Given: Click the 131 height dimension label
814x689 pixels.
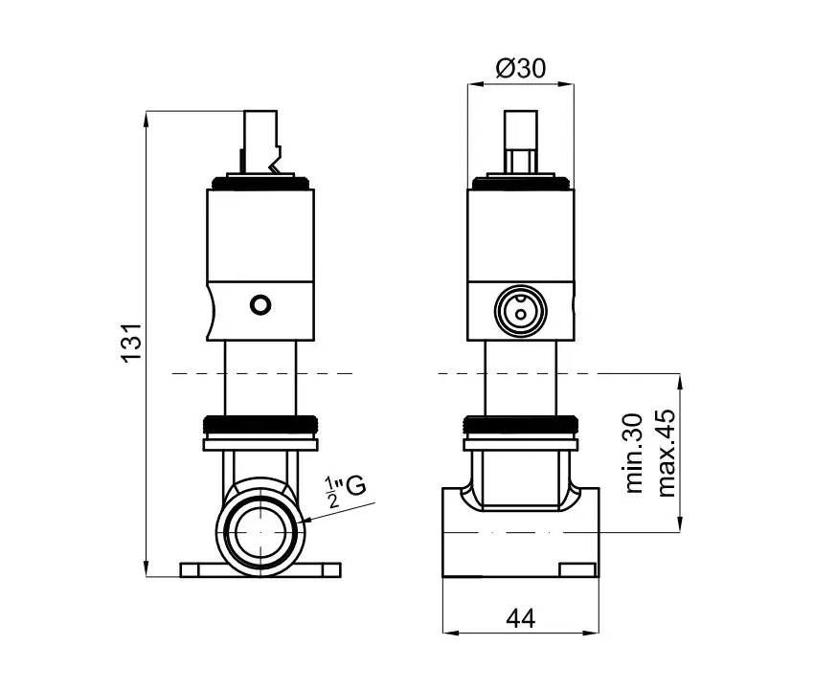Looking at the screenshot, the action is click(131, 343).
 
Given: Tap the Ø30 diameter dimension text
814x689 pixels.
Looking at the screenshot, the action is click(521, 69).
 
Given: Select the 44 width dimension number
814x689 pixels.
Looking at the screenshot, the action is click(520, 618).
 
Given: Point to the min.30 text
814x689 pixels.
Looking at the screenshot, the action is click(634, 453).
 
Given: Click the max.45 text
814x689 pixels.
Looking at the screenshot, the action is click(667, 453).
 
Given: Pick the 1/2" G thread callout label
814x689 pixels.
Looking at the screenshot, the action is click(345, 491).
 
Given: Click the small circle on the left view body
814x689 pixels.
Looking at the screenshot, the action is click(260, 304).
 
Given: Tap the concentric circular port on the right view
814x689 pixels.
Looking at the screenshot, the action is click(520, 310).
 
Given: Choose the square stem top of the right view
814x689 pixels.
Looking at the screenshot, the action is click(520, 141).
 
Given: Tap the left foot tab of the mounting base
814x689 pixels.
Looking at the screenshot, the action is click(190, 570).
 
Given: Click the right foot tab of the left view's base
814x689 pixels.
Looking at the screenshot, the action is click(331, 570).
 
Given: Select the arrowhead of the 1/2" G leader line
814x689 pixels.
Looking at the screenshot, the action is click(308, 520).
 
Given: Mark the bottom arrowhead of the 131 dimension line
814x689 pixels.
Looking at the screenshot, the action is click(147, 568).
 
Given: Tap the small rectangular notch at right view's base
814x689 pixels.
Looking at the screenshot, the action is click(577, 570).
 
